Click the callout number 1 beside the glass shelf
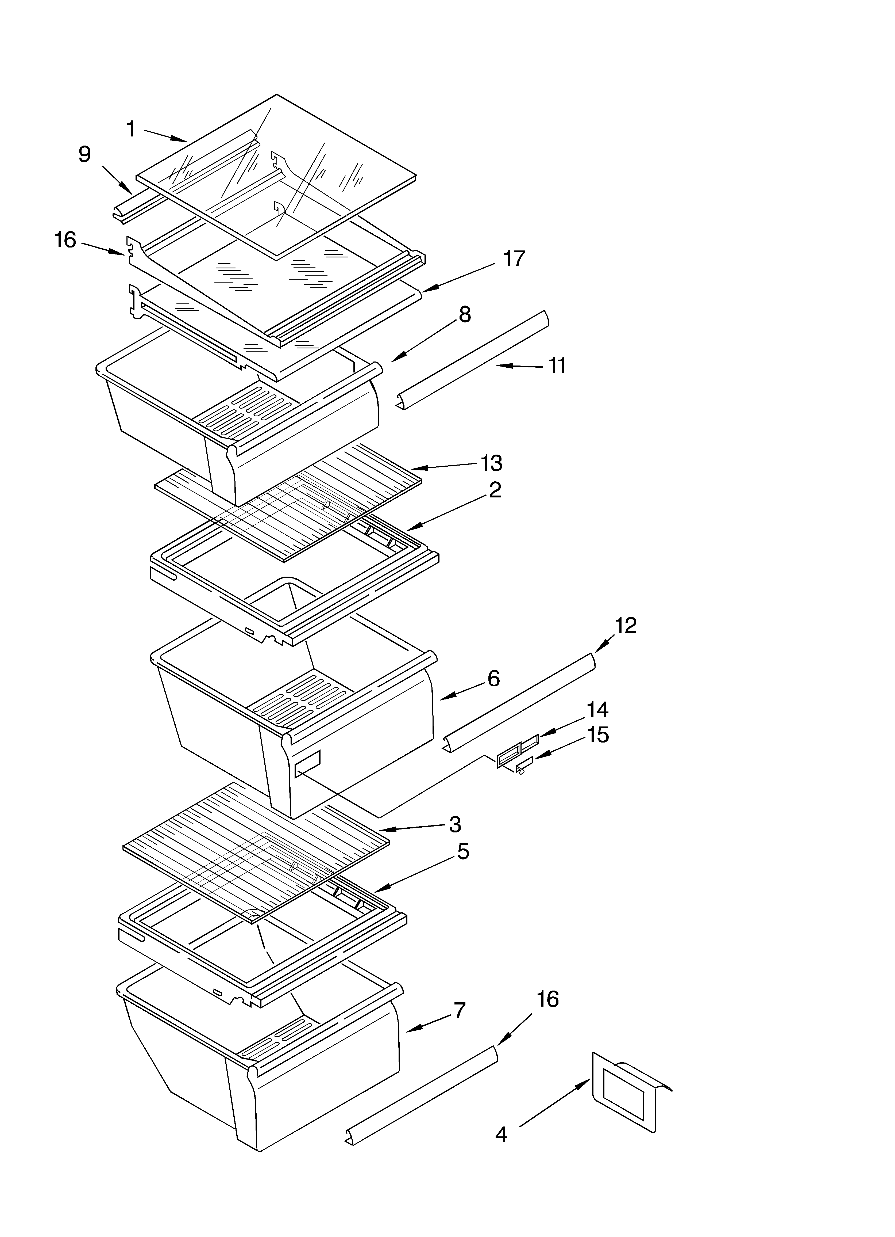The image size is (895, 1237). click(131, 129)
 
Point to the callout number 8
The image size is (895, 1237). click(464, 315)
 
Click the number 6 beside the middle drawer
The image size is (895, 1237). click(493, 679)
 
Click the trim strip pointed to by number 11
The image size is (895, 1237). click(474, 360)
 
